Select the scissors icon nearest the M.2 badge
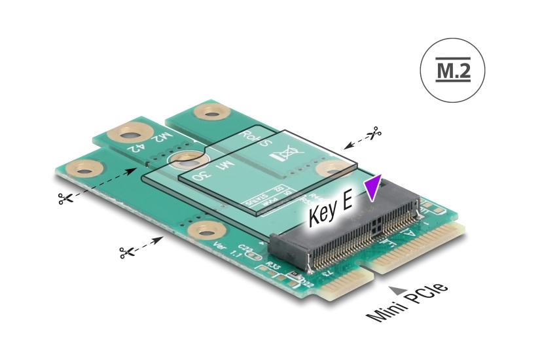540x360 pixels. point(374,134)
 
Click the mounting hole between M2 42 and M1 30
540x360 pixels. point(189,158)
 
